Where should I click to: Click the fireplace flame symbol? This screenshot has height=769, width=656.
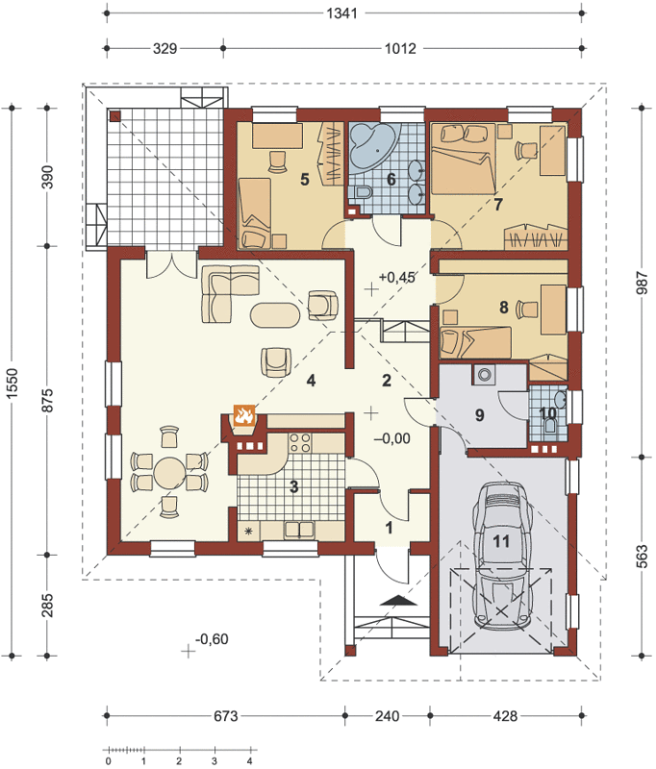tap(244, 415)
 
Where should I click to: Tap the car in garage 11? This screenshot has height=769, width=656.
tap(502, 556)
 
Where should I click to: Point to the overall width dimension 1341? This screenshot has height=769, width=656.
tap(341, 12)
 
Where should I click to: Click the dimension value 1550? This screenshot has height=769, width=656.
tap(12, 383)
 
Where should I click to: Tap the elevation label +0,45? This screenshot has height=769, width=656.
tap(396, 277)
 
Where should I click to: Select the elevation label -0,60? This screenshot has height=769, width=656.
tap(212, 639)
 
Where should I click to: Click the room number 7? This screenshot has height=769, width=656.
tap(498, 204)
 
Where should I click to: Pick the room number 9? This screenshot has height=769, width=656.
tap(479, 415)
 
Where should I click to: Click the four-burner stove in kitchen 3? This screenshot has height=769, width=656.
tap(299, 442)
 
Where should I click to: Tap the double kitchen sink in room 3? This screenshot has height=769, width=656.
tap(299, 531)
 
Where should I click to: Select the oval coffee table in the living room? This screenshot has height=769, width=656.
tap(275, 315)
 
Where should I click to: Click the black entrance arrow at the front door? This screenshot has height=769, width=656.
tap(398, 600)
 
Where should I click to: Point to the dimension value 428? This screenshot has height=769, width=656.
tap(505, 716)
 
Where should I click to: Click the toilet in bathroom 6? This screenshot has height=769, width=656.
tap(363, 193)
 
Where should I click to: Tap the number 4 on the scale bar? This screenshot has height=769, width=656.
tap(250, 761)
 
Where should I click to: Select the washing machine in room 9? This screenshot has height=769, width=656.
tap(485, 375)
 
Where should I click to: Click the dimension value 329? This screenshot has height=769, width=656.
tap(164, 49)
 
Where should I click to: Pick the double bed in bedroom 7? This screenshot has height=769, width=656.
tap(464, 160)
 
